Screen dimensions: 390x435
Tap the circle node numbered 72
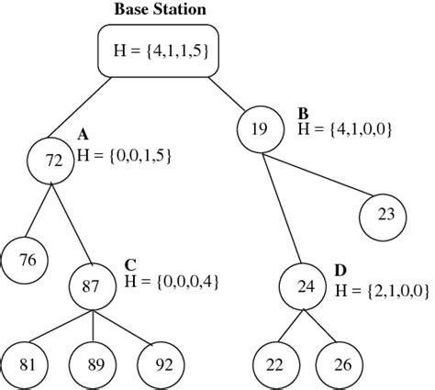click(54, 160)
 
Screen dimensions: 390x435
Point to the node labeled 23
click(385, 214)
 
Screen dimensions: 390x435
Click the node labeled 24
click(305, 285)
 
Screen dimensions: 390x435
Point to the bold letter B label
click(303, 114)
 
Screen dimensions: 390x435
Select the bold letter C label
click(130, 264)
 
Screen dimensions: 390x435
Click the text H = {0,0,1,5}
click(124, 157)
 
